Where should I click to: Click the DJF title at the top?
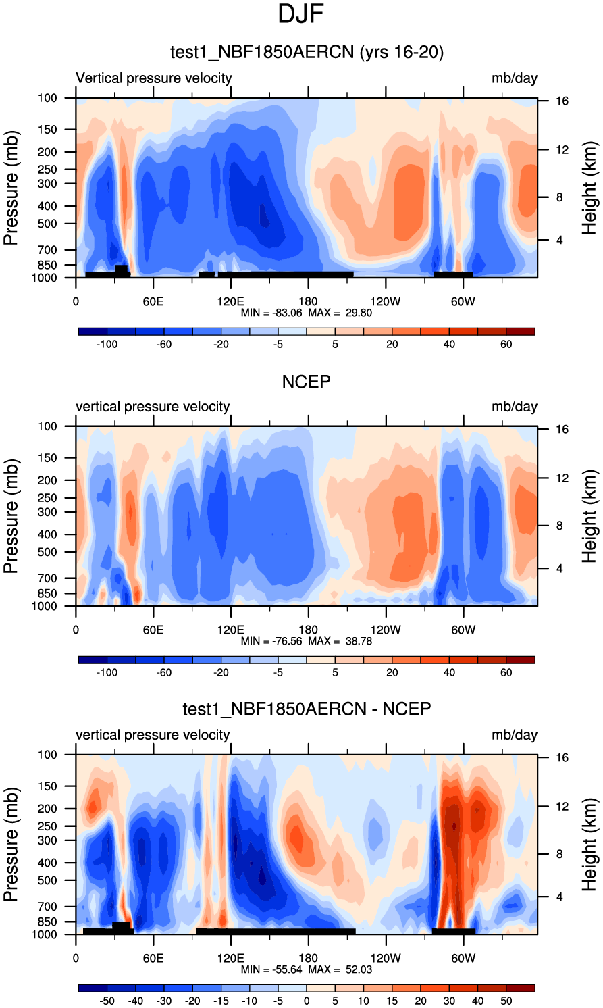coord(301,14)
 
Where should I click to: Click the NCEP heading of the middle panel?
coord(306,382)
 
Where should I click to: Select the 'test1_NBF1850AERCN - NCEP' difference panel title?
coord(307,709)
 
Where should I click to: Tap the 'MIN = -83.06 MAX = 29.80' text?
coord(306,313)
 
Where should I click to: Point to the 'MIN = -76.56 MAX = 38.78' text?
coord(306,641)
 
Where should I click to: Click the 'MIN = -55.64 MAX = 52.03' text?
coord(306,969)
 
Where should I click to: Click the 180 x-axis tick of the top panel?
coord(308,301)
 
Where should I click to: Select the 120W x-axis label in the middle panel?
coord(386,630)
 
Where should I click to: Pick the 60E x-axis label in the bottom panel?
coord(153,958)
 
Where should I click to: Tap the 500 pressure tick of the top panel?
coord(47,224)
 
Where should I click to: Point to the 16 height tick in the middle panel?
coord(562,430)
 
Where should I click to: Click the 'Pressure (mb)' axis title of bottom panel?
coord(11,845)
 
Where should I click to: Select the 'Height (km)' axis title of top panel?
coord(589,188)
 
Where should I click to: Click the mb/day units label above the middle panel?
coord(515,407)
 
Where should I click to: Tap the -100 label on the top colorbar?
coord(107,344)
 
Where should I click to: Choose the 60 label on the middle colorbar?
coord(506,672)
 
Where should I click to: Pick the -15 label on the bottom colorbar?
coord(221,1001)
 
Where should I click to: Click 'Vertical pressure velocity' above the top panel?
coord(153,78)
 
